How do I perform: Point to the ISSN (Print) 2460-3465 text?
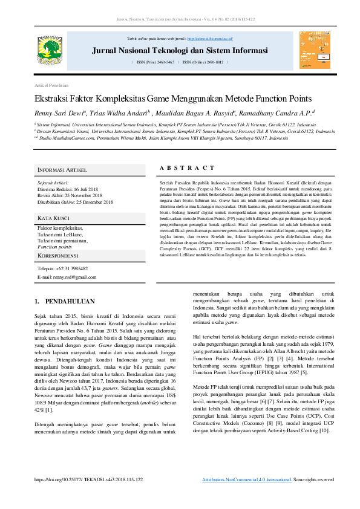(155, 62)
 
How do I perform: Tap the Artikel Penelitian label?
(51, 85)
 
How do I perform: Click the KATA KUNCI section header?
(54, 218)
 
